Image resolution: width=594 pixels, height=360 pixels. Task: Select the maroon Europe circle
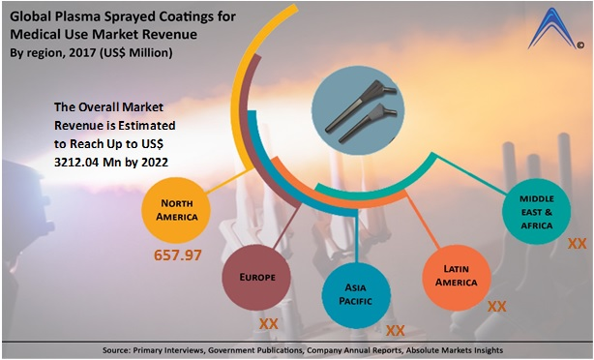(258, 276)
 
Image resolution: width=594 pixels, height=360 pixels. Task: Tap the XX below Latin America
(497, 306)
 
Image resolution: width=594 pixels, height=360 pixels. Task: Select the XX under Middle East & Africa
(577, 244)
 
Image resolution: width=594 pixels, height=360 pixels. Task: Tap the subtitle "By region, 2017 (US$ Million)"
(92, 52)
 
